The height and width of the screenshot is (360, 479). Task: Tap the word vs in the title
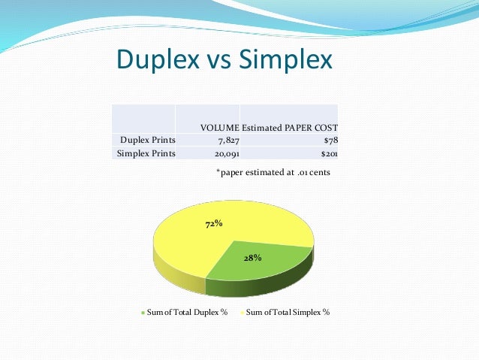pos(216,61)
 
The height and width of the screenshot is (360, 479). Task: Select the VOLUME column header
pos(220,127)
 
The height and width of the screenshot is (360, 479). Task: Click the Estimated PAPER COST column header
pos(290,127)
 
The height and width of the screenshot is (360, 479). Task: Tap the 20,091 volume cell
pos(221,153)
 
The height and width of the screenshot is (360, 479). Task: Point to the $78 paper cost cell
pos(330,140)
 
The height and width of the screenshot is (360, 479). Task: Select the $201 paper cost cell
pos(329,153)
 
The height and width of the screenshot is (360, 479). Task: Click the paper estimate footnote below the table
pos(273,172)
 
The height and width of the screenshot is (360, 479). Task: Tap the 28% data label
pos(252,258)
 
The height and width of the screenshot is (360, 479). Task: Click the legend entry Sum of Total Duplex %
pos(187,311)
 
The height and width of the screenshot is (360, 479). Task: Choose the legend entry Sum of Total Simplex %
pos(288,311)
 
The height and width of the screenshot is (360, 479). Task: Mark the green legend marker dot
pos(143,312)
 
